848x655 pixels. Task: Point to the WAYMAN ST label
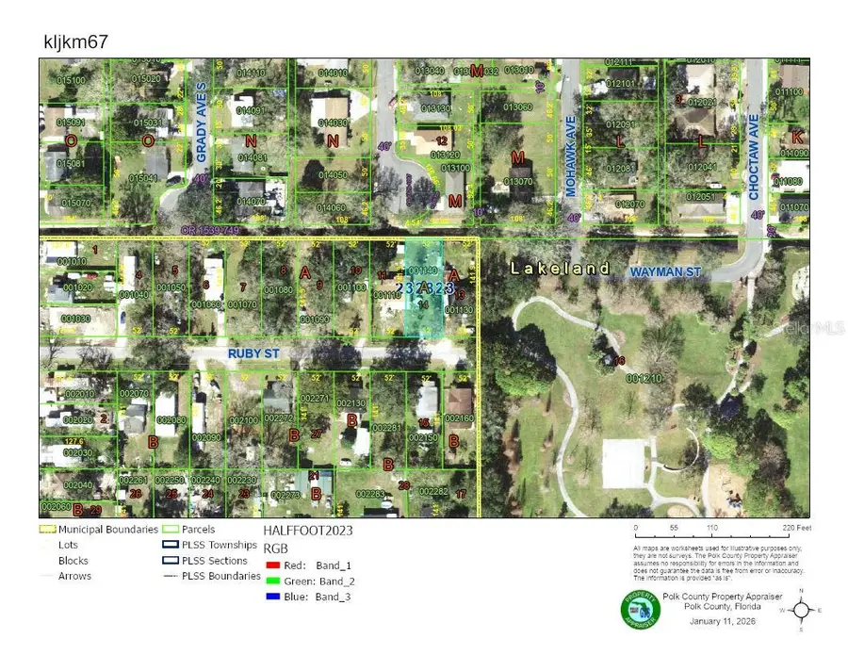(x=666, y=271)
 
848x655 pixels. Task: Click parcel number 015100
(x=70, y=81)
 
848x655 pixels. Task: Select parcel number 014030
(x=333, y=123)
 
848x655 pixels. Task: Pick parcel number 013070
(x=518, y=181)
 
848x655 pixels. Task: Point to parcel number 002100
(x=243, y=420)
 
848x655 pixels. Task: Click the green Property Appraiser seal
(x=640, y=611)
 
